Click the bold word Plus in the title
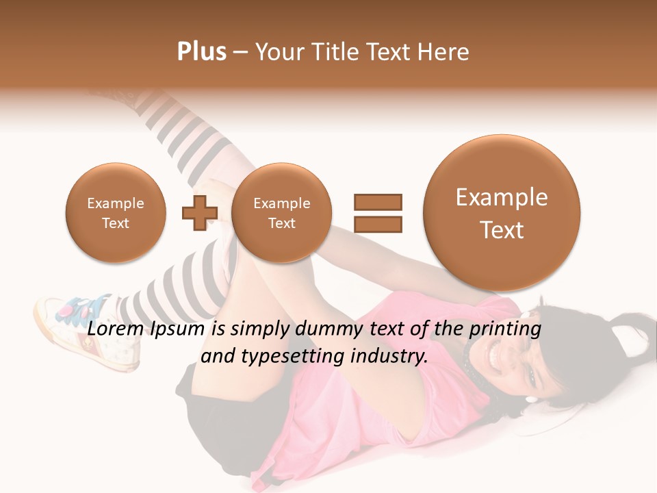click(201, 52)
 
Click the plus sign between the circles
click(199, 212)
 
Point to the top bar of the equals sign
click(378, 202)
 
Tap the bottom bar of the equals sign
click(378, 224)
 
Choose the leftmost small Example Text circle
click(115, 213)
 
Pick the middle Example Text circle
click(281, 213)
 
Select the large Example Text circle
click(502, 213)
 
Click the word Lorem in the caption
click(116, 329)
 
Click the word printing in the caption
click(505, 329)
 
